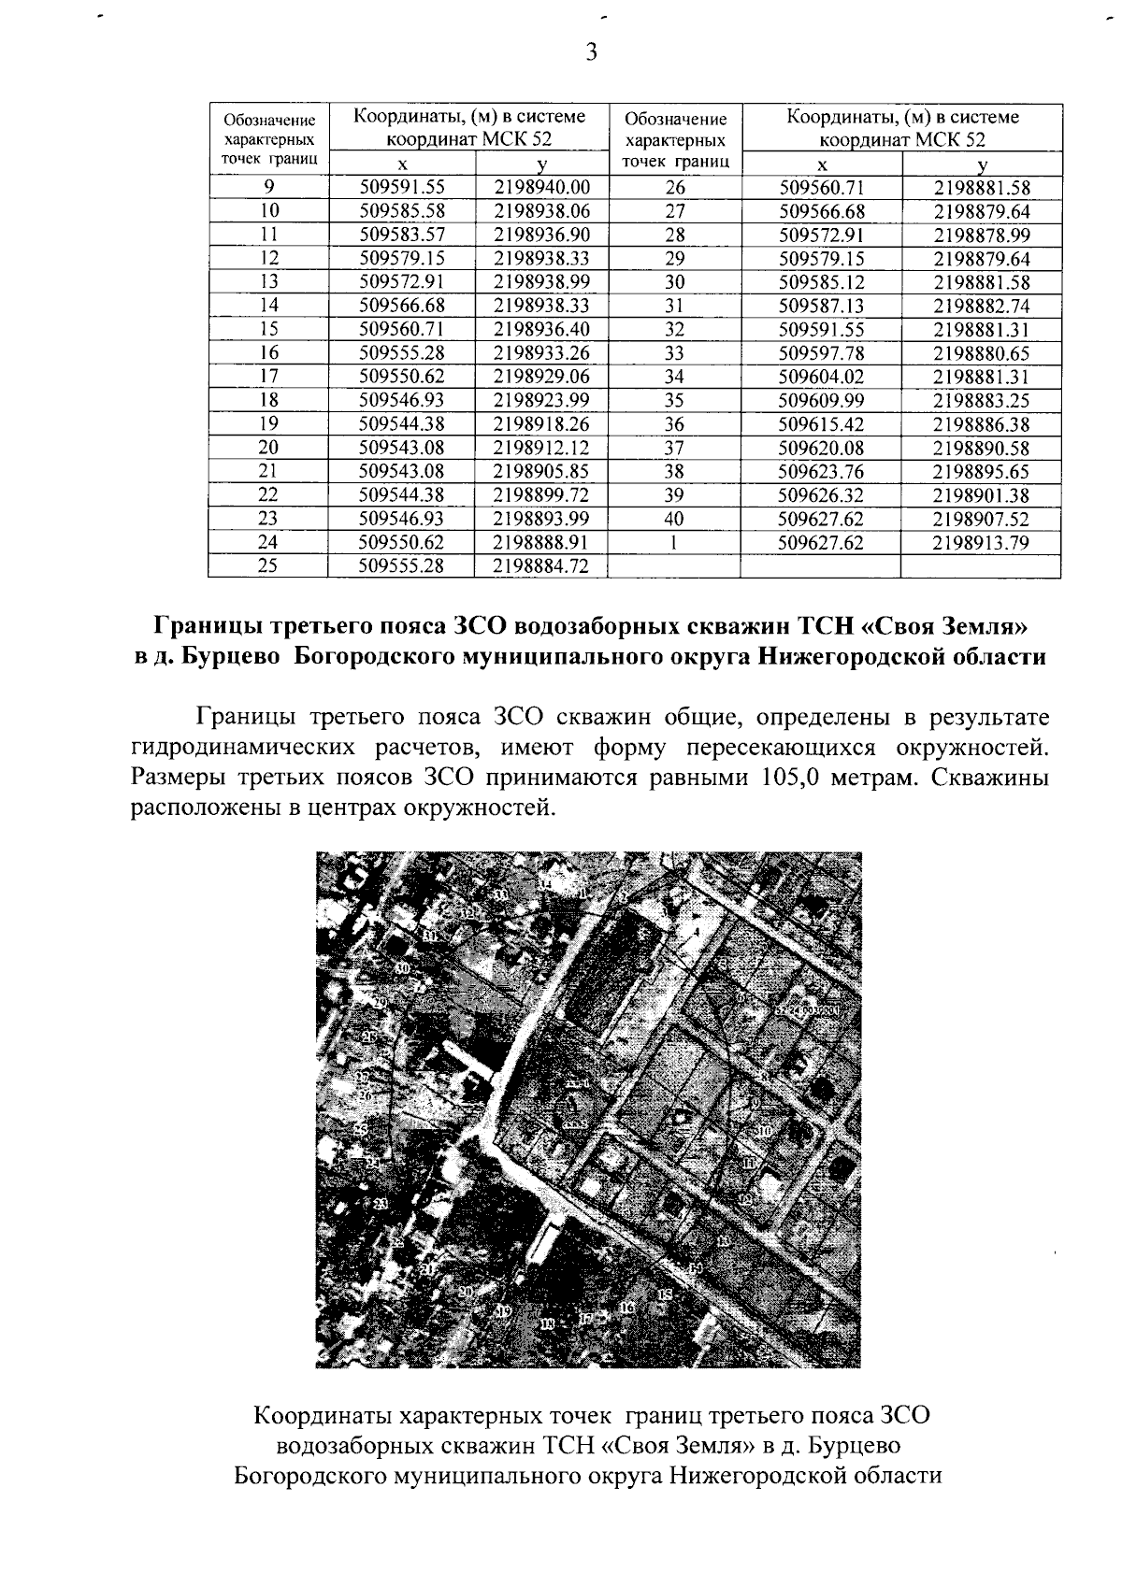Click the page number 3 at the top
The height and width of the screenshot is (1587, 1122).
click(590, 51)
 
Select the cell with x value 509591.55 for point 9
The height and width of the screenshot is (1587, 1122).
click(401, 187)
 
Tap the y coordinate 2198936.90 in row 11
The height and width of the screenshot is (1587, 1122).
click(542, 234)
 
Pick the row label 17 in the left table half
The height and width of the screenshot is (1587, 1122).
click(268, 376)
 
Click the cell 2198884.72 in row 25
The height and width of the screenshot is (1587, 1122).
click(542, 565)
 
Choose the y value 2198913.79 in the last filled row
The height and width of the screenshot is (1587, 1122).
click(981, 543)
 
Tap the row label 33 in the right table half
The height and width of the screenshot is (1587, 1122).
click(674, 352)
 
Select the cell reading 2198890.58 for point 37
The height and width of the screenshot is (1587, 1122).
click(981, 448)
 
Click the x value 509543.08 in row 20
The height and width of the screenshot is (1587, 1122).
click(401, 448)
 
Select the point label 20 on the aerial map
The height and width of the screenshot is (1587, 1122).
click(466, 1292)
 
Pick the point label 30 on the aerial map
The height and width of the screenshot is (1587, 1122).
click(402, 968)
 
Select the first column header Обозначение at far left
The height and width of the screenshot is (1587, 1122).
click(268, 120)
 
